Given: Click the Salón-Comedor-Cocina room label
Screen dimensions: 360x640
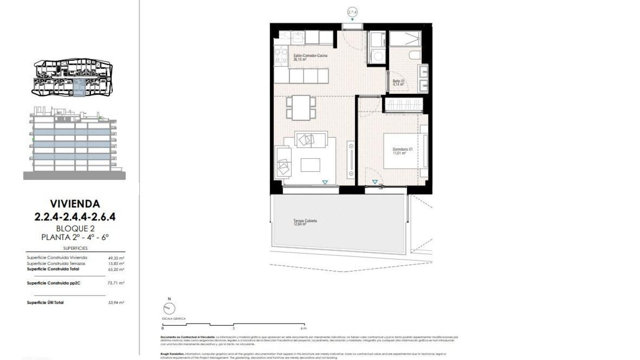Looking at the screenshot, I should point(310,56).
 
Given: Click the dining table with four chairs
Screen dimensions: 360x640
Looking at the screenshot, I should point(301,108).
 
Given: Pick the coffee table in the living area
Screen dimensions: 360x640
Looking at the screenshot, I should point(310,165).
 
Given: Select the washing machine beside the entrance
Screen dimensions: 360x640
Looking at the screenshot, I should point(377,56).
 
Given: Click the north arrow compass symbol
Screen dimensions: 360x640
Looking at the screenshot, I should point(169,308).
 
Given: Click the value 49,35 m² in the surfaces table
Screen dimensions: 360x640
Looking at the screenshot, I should point(116,258).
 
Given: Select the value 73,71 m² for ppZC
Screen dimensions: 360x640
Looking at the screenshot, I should point(116,283).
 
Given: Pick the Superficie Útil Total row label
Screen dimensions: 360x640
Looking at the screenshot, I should point(45,303).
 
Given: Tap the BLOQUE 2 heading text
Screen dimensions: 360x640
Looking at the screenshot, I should point(75,229).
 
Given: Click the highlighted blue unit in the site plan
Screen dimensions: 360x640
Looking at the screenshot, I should point(79,89).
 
